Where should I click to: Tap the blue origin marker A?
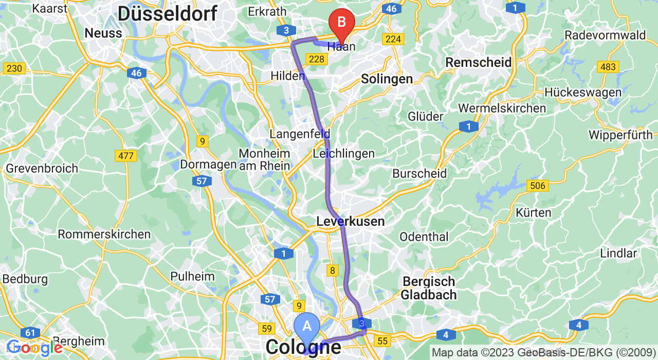point(307,327)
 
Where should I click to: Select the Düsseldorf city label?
point(167,13)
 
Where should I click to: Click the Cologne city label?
point(303,347)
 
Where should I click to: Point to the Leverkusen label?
point(350,222)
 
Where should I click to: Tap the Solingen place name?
point(387,79)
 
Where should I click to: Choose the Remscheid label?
point(478,63)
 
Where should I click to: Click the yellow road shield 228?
point(317,59)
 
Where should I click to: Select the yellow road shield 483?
point(608,67)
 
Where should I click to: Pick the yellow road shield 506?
point(538,186)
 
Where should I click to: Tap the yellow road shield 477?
point(125,156)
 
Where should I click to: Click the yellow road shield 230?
point(14,68)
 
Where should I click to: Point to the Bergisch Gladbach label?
point(429,288)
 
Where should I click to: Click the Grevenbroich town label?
point(42,169)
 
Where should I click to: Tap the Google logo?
point(34,348)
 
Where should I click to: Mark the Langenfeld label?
point(299,134)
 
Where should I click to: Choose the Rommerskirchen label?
point(104,235)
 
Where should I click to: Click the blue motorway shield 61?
point(31,332)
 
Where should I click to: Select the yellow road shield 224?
point(393,39)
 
